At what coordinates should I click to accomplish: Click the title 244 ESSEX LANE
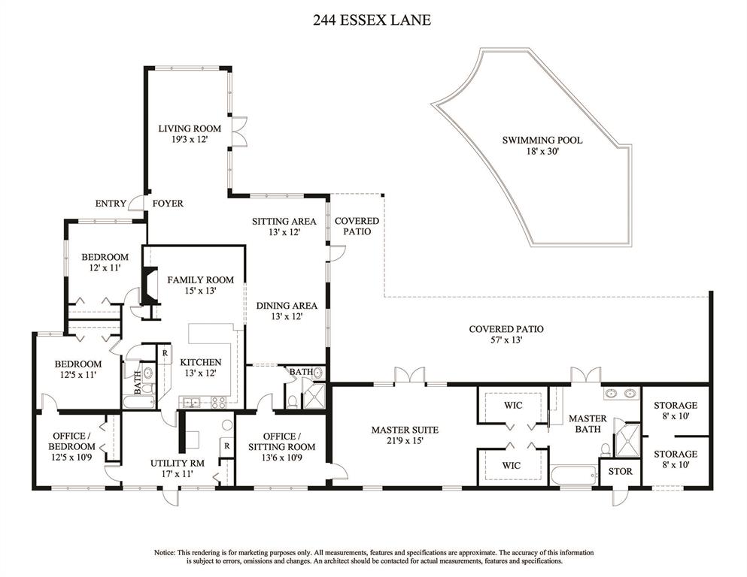click(x=372, y=20)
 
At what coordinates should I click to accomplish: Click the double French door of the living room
click(x=238, y=130)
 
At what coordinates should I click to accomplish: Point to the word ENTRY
click(x=111, y=204)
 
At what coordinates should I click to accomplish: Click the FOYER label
click(x=168, y=204)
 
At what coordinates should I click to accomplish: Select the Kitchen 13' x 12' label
click(x=201, y=367)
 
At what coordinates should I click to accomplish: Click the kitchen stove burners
click(x=219, y=403)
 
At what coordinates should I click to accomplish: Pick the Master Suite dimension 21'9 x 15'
click(x=405, y=441)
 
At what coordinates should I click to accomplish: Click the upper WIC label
click(x=513, y=405)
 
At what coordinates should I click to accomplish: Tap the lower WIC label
click(x=512, y=465)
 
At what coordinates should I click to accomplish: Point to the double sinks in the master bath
click(x=621, y=394)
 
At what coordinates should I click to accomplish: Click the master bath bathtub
click(x=573, y=475)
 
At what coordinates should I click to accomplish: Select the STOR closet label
click(x=621, y=471)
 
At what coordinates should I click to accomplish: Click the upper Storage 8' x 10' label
click(x=675, y=410)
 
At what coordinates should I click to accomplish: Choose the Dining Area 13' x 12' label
click(x=287, y=310)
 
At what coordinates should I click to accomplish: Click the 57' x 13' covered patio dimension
click(x=506, y=340)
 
